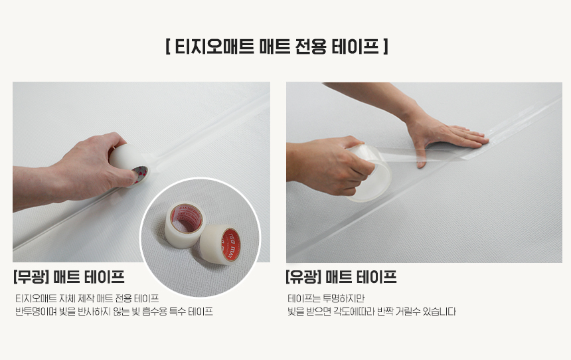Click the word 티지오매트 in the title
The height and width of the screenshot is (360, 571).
click(214, 46)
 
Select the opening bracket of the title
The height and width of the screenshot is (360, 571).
click(168, 46)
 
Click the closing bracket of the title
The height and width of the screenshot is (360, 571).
click(386, 46)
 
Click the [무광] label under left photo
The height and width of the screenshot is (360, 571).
click(31, 277)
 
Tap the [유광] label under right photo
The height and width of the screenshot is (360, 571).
click(303, 277)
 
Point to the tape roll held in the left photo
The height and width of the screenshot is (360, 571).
click(129, 164)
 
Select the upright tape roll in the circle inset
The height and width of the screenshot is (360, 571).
click(185, 225)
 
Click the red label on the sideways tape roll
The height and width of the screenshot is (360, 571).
click(231, 245)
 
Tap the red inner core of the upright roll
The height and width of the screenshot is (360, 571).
click(187, 219)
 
